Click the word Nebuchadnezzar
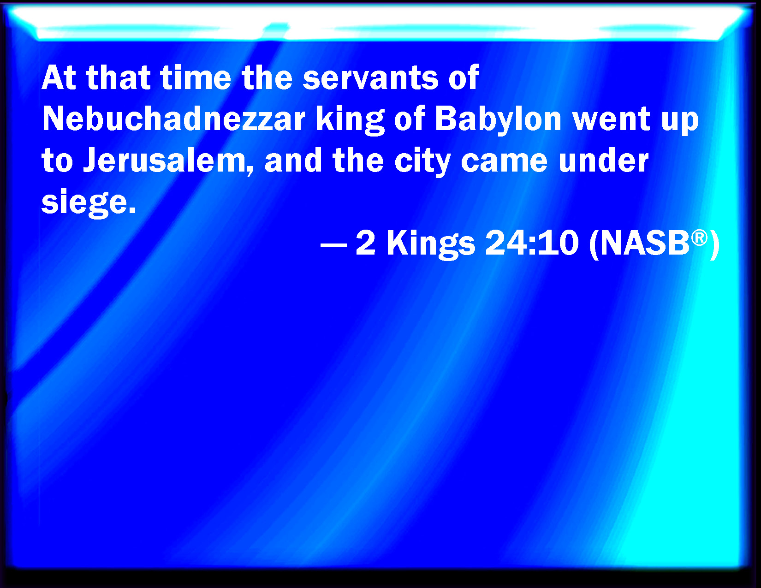(x=173, y=119)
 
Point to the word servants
(x=370, y=77)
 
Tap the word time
(x=196, y=77)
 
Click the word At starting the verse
(x=59, y=77)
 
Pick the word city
(x=422, y=161)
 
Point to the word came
(x=504, y=161)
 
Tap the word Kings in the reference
(x=431, y=244)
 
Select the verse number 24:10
(x=532, y=243)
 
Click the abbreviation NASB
(x=645, y=243)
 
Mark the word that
(x=119, y=77)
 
